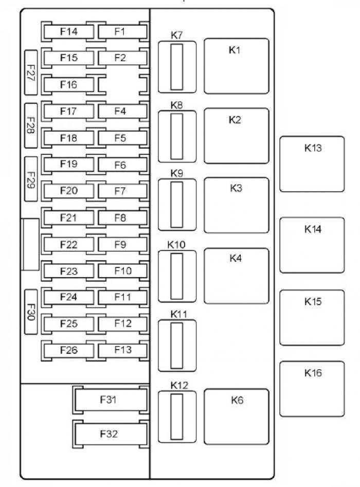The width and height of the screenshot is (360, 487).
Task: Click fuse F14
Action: (68, 31)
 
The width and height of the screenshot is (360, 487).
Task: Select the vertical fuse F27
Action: (31, 73)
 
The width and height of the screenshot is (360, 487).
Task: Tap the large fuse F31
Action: (111, 400)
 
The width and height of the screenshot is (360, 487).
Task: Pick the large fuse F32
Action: (111, 434)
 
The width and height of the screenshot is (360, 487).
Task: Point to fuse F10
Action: (123, 271)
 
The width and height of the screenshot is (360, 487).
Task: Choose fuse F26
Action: (68, 350)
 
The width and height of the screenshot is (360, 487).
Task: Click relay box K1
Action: (237, 66)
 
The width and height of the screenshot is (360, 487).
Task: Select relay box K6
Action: (237, 417)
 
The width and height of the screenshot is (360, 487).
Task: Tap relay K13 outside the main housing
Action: (312, 164)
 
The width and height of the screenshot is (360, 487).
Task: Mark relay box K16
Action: (312, 389)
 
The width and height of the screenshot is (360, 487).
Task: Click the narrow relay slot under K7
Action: (177, 67)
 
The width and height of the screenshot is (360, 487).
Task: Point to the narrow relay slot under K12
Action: (177, 417)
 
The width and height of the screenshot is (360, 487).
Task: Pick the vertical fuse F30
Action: (31, 312)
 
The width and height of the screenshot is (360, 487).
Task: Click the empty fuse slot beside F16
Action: (123, 84)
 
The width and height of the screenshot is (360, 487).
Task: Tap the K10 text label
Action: (176, 245)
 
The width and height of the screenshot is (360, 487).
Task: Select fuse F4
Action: (123, 111)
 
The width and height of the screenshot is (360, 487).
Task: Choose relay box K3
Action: (237, 205)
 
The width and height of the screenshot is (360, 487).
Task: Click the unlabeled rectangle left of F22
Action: (30, 244)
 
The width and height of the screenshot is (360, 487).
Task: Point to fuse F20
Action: (68, 191)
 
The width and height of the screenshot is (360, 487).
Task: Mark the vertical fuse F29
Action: (31, 179)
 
